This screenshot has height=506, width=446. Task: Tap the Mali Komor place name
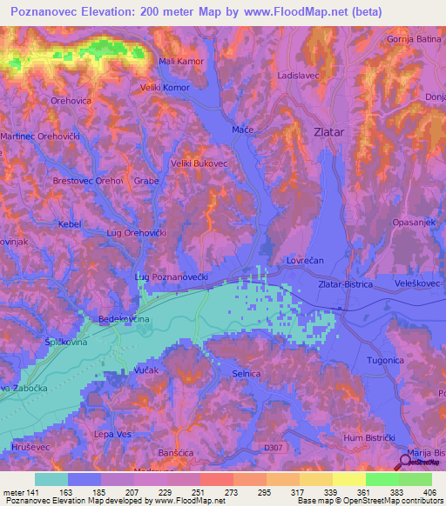click(x=180, y=61)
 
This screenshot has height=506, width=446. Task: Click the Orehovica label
click(x=71, y=101)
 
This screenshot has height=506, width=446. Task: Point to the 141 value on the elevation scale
click(x=32, y=493)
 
